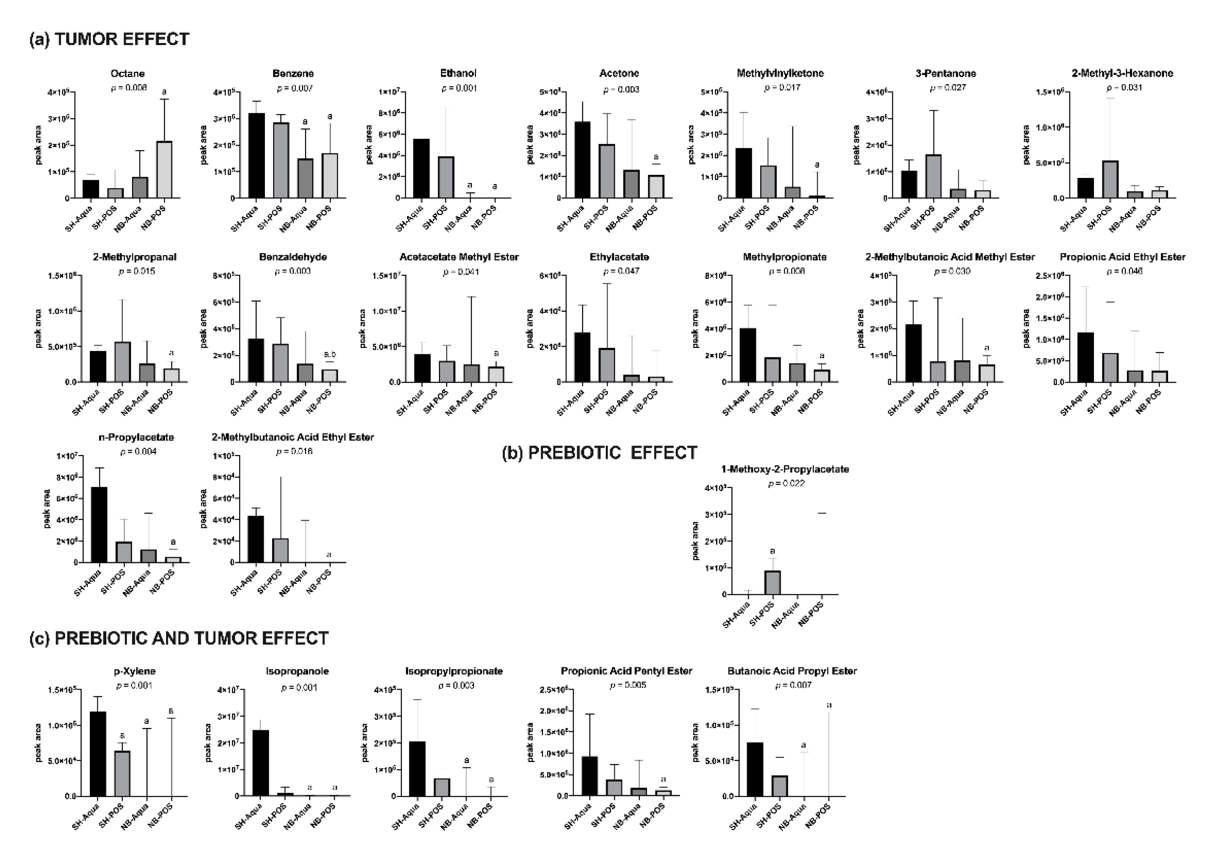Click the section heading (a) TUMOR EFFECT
click(x=109, y=39)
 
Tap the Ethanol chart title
click(x=458, y=73)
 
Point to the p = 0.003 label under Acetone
click(x=621, y=90)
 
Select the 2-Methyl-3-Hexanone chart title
click(x=1122, y=73)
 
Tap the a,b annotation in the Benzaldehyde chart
click(x=330, y=354)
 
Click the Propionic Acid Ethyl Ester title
click(x=1122, y=257)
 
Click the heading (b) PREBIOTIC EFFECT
click(x=600, y=452)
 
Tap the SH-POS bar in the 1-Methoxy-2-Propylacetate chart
click(x=772, y=583)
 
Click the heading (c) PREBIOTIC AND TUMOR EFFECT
click(x=179, y=638)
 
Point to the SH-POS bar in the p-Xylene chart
click(x=122, y=773)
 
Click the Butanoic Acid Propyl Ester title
click(x=792, y=671)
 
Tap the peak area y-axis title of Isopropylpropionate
click(x=364, y=742)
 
